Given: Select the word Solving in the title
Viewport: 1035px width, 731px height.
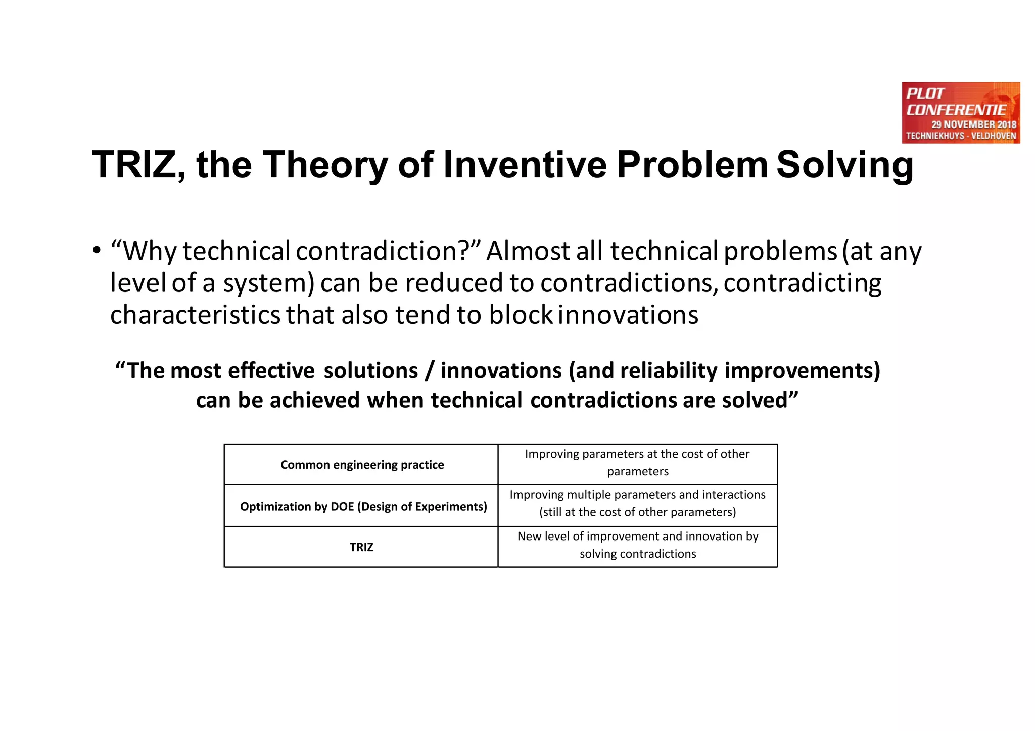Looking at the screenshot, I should [x=844, y=165].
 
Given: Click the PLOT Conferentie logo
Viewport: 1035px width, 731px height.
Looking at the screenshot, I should [x=961, y=113].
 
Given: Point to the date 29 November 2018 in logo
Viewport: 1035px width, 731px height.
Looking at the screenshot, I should [x=973, y=124].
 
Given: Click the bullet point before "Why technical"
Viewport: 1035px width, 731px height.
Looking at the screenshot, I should [x=97, y=251].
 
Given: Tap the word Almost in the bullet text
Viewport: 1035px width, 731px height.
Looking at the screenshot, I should [x=528, y=251].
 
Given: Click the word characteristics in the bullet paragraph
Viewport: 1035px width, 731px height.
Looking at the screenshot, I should [x=195, y=315].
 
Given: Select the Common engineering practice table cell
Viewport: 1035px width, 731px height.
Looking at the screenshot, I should [x=362, y=465].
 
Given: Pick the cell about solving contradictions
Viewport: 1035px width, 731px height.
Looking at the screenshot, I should [x=637, y=546].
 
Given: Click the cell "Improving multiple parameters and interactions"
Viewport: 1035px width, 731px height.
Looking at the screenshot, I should [x=637, y=503].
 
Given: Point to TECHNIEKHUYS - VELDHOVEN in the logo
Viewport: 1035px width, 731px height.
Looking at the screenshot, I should [x=961, y=136].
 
